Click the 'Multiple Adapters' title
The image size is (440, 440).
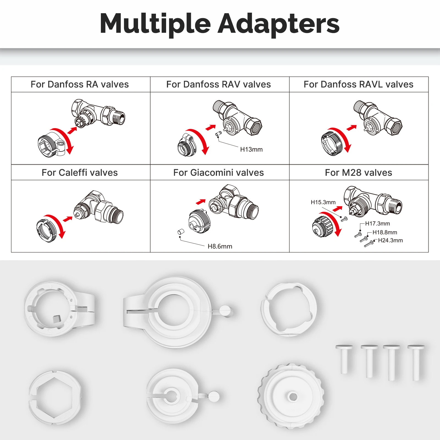[219, 24]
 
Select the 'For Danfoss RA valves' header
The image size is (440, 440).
[80, 84]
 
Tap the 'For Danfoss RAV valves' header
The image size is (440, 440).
[219, 84]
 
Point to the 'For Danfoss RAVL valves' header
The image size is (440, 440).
[358, 84]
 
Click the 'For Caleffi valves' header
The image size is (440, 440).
[80, 173]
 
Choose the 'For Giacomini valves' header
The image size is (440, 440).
[219, 173]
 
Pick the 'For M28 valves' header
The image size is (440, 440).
[358, 173]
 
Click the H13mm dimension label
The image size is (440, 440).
[251, 150]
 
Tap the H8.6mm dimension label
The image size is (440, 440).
[220, 246]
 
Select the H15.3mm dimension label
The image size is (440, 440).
[323, 202]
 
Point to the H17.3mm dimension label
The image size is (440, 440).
[377, 224]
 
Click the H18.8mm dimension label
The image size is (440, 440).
[385, 232]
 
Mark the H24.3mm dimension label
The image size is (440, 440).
[390, 240]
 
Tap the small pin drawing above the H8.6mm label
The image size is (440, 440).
[180, 232]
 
